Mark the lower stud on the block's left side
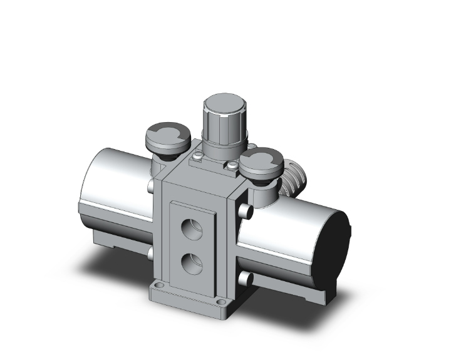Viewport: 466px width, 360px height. pos(150,253)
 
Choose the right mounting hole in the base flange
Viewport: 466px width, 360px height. pos(223,309)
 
